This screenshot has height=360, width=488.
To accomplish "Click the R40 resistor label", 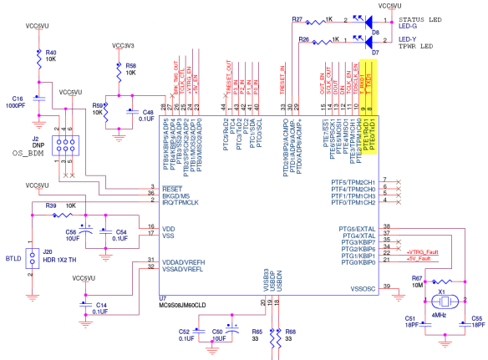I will tap(50, 51).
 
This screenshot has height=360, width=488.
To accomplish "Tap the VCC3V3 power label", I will tap(123, 46).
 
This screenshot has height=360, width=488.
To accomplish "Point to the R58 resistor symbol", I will tap(117, 69).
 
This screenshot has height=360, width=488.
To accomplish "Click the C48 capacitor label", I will tap(148, 111).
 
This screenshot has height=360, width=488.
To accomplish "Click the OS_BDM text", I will tap(28, 154).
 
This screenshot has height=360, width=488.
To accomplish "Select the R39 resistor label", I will tap(51, 205).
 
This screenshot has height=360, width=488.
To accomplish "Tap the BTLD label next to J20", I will tap(13, 259).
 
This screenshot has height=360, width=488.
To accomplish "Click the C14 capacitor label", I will tap(101, 305).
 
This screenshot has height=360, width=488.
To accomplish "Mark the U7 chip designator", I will tap(164, 297).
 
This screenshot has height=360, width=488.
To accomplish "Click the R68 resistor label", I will tap(291, 332).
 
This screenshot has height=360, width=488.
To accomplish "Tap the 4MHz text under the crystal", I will tap(439, 317).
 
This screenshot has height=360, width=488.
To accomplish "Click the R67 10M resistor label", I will tap(417, 281).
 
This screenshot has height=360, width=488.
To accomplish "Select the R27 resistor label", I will tap(297, 18).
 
